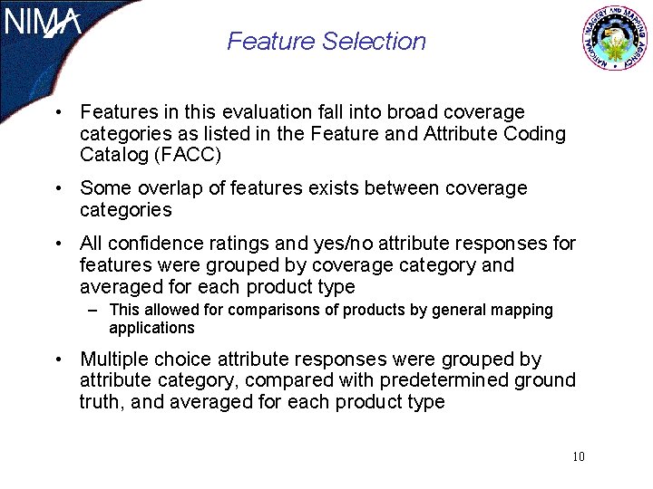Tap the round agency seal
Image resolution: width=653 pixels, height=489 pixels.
click(x=615, y=38)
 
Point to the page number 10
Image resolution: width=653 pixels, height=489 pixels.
click(x=579, y=455)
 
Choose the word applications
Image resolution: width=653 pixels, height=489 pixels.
click(x=151, y=328)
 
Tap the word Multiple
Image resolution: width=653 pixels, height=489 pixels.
click(x=114, y=360)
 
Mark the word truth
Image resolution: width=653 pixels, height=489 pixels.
click(x=101, y=401)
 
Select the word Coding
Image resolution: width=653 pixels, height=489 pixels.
click(x=538, y=134)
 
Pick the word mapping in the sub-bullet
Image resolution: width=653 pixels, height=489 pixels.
click(x=521, y=310)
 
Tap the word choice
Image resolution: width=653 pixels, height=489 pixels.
click(x=189, y=360)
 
